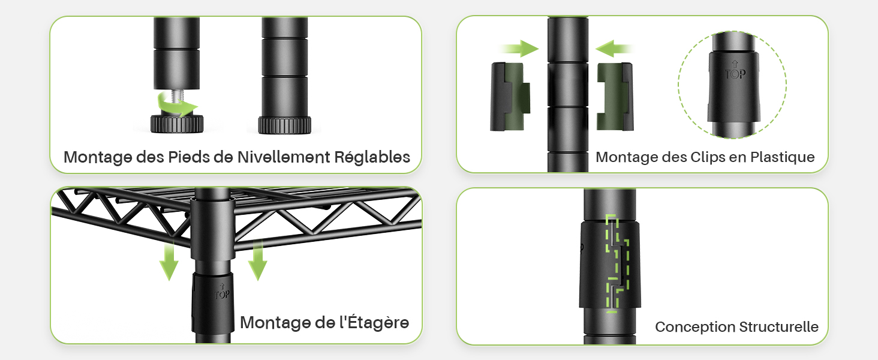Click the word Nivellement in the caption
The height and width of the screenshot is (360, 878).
[x=284, y=157]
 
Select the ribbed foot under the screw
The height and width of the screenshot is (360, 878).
[x=177, y=124]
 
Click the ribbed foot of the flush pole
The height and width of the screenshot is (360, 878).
[x=284, y=125]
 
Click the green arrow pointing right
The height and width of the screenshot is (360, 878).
[x=519, y=49]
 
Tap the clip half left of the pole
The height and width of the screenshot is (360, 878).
[x=510, y=97]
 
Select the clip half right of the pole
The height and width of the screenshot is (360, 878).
[x=615, y=97]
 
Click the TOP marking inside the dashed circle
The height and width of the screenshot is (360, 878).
[x=735, y=71]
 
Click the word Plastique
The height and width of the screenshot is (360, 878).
[x=783, y=157]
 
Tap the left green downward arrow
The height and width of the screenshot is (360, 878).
[x=169, y=260]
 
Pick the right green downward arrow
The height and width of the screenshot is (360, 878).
[x=258, y=260]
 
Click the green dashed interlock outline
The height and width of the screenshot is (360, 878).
[x=617, y=263]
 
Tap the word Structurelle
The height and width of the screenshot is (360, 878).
[x=779, y=326]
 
